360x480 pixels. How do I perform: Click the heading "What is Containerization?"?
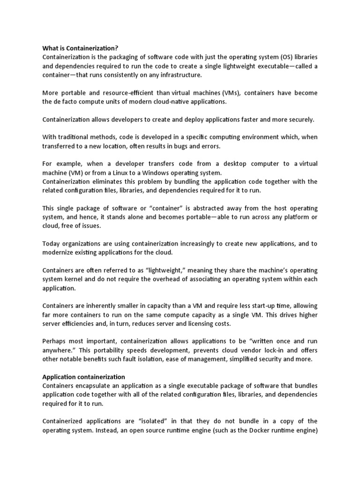[80, 48]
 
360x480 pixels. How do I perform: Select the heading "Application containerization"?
[84, 376]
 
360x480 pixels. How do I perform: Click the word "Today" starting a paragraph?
[52, 244]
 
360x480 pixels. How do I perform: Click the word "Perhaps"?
[55, 342]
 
